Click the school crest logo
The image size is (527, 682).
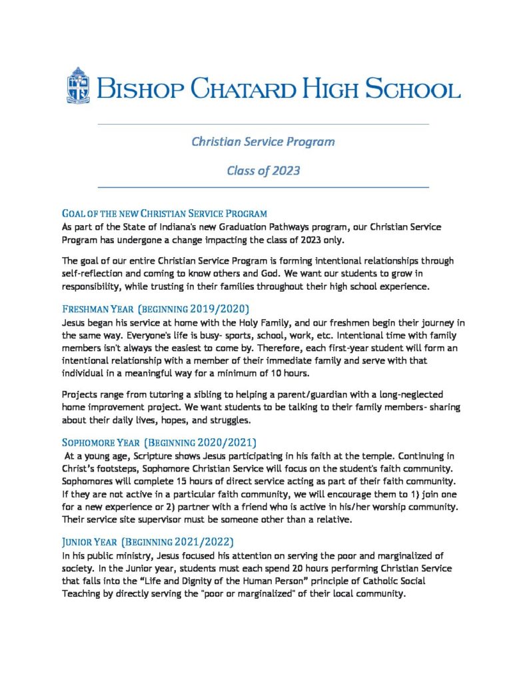pyautogui.click(x=78, y=85)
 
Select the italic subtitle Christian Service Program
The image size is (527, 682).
pyautogui.click(x=263, y=142)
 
